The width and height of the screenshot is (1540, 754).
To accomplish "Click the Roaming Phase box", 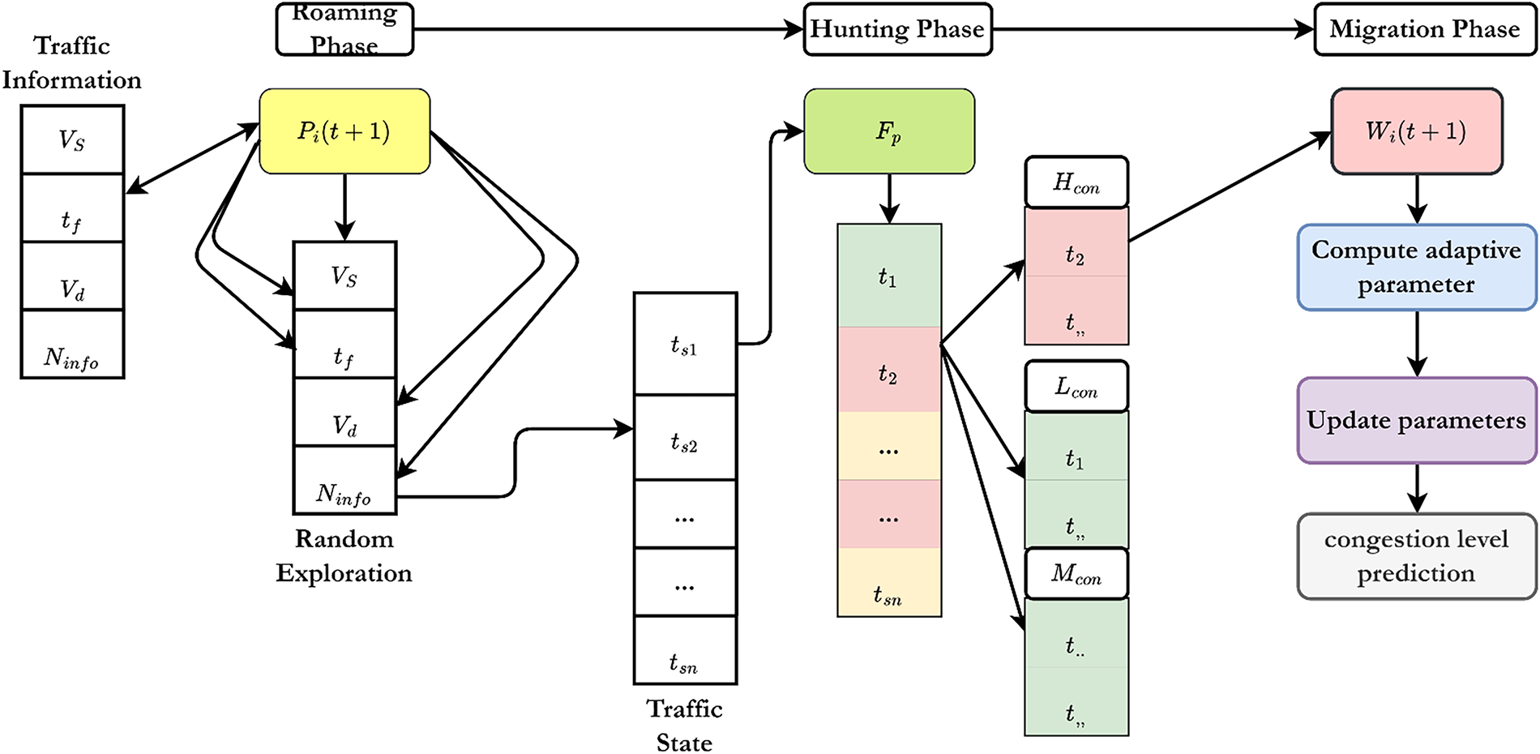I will (x=344, y=29).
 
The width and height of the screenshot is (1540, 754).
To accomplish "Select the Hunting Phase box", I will (x=897, y=29).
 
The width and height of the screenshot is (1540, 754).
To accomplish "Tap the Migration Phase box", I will (x=1424, y=29).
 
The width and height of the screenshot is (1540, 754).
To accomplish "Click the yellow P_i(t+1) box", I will (x=344, y=131).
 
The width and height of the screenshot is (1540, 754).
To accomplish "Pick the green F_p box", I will (x=889, y=131).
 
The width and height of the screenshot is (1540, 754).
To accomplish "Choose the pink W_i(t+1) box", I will (x=1416, y=131).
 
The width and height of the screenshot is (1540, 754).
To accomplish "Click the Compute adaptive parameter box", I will (x=1416, y=268).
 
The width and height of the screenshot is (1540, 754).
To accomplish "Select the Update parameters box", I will (x=1416, y=420).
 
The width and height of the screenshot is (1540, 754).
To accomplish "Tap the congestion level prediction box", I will (x=1416, y=556).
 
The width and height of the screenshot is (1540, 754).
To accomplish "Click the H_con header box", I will (x=1076, y=182).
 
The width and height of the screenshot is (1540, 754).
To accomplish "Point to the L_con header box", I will (x=1076, y=387).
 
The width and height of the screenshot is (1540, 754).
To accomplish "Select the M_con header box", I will (x=1076, y=574).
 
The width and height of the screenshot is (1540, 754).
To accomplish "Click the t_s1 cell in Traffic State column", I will (x=685, y=345).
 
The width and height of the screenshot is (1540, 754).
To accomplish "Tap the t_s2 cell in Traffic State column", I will (x=685, y=439).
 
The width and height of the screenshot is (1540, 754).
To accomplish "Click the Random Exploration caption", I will (x=344, y=556).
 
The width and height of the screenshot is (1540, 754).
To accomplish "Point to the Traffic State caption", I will (x=685, y=726).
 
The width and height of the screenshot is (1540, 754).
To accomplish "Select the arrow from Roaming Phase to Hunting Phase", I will (x=608, y=30).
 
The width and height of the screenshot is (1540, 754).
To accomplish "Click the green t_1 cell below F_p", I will (x=889, y=276).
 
